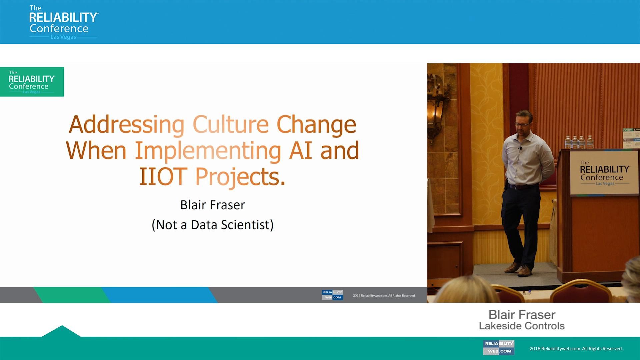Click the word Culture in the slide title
231,125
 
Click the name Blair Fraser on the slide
213,205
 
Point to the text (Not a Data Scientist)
213,225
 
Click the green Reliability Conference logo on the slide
32,82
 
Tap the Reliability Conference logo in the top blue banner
63,22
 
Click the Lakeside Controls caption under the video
522,326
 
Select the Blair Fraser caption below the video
522,315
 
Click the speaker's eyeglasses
522,125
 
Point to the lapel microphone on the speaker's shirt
520,148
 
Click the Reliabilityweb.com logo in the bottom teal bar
499,347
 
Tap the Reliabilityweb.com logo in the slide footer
332,295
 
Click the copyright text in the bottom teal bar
576,349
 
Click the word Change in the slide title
316,125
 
